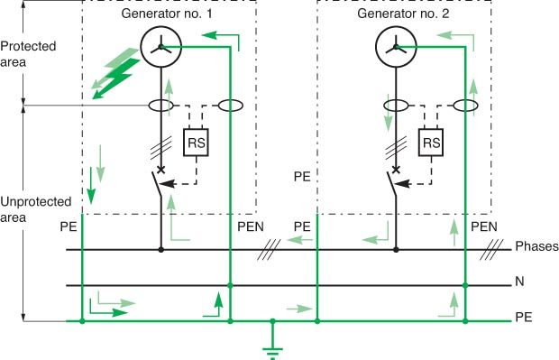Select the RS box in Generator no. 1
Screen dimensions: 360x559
196,143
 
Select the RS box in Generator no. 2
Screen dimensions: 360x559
432,143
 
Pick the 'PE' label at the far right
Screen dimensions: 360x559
523,318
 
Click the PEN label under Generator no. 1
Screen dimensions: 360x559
250,226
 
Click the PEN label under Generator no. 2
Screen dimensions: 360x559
485,226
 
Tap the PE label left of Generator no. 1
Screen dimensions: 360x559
68,226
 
